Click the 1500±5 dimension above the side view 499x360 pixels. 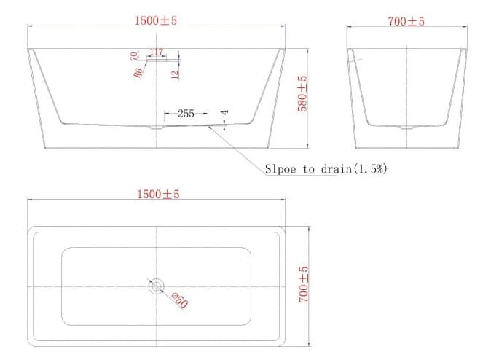(156, 21)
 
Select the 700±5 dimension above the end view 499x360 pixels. (406, 21)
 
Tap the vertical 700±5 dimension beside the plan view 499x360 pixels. (304, 285)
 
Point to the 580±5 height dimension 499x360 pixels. (304, 94)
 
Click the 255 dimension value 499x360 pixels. (186, 114)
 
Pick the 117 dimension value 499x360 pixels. (156, 53)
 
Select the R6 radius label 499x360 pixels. (137, 73)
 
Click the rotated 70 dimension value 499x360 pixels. (134, 56)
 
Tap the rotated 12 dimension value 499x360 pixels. (175, 74)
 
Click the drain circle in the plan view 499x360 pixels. (156, 286)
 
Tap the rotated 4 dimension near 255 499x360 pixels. (225, 114)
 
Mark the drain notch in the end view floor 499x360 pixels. (405, 128)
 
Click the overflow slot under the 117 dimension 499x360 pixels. (159, 61)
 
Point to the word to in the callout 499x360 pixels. (309, 170)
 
